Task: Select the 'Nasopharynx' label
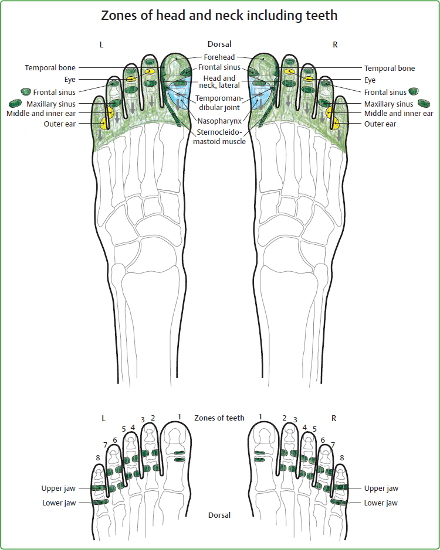219,121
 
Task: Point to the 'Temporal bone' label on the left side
50,68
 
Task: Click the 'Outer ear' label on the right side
380,124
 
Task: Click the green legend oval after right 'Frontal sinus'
414,91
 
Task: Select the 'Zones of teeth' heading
219,418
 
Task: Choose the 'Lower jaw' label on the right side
381,503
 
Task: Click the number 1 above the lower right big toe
260,416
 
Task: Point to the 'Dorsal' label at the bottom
219,515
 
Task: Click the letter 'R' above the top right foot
334,44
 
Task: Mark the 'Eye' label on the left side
70,80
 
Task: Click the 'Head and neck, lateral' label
219,81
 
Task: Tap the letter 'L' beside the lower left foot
103,418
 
